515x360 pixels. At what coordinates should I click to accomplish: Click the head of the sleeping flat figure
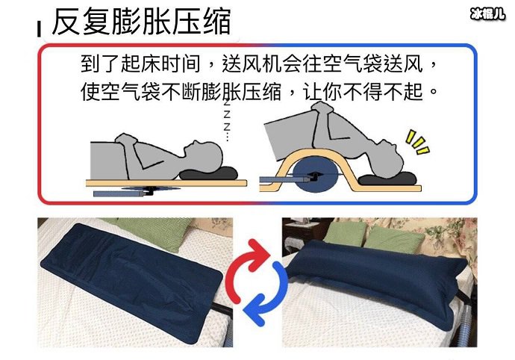[202, 152]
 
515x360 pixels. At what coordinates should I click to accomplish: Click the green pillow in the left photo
[161, 234]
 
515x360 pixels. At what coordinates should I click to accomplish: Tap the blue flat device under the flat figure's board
[123, 192]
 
